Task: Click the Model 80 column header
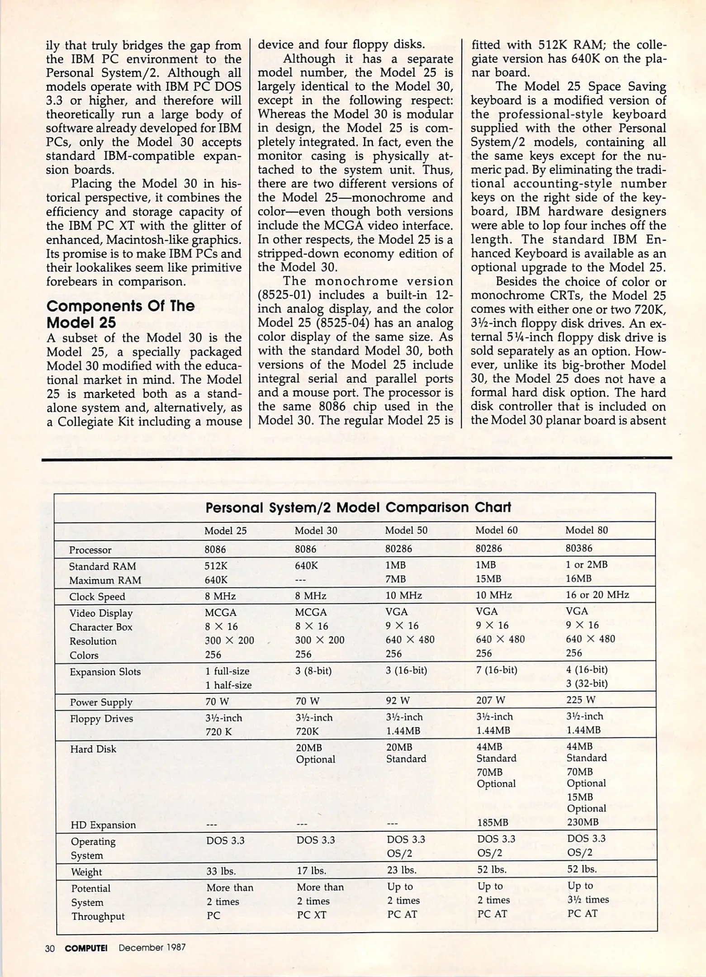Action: (x=586, y=530)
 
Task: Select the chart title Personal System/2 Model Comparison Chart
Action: (x=358, y=507)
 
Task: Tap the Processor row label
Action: (x=90, y=550)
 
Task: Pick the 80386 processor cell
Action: (x=578, y=548)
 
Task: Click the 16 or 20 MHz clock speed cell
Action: (x=597, y=595)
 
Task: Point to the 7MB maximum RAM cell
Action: (x=395, y=579)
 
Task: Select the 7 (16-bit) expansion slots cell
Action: (x=496, y=670)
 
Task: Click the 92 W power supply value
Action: (x=397, y=701)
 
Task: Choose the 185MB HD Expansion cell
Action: (x=492, y=822)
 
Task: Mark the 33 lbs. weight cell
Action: (x=221, y=871)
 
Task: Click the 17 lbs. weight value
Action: (x=311, y=870)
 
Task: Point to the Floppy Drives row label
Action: (x=101, y=719)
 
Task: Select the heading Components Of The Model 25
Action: (x=120, y=314)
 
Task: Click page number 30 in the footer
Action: (x=50, y=948)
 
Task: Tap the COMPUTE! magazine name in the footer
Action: (x=86, y=948)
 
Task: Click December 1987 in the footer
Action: (x=152, y=948)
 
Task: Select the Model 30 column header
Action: (x=316, y=531)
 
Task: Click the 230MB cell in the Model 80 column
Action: (x=583, y=822)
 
